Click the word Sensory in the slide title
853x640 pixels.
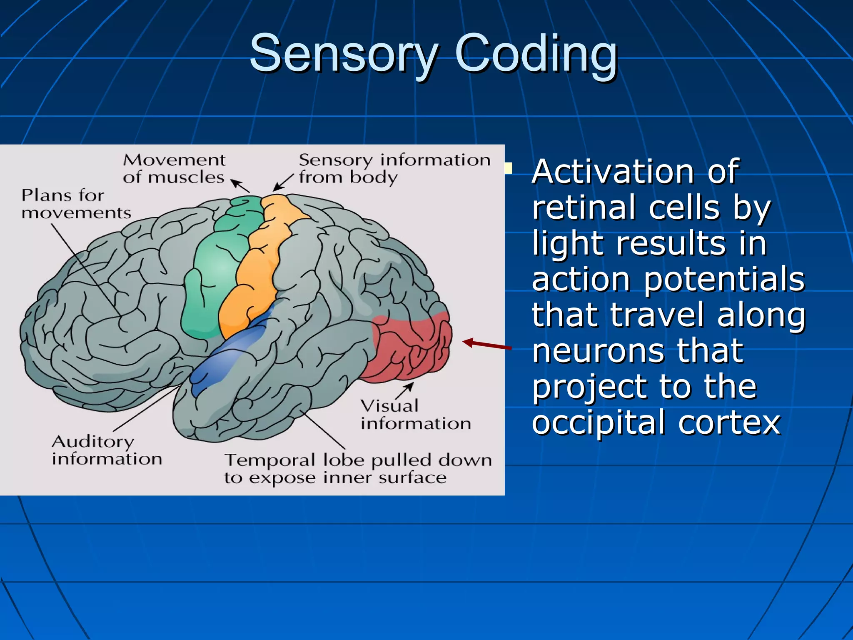344,54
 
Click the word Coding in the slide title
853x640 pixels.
536,54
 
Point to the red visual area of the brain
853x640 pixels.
410,348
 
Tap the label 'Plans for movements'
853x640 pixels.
76,204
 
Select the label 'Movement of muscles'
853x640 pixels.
174,169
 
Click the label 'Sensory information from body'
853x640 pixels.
394,169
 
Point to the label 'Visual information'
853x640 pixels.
415,415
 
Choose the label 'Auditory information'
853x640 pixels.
107,450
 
